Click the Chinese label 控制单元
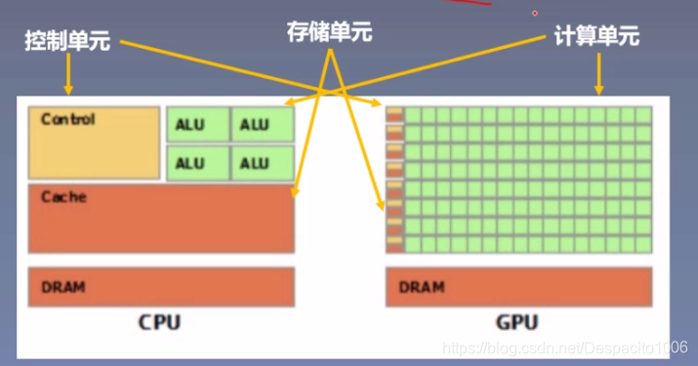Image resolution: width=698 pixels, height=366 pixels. pos(68,41)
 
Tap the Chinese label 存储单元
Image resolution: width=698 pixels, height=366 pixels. pos(331,32)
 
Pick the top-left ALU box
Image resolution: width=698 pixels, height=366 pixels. pos(197,124)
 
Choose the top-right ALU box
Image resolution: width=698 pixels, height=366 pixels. pos(262,124)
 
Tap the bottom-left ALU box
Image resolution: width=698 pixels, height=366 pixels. pos(197,162)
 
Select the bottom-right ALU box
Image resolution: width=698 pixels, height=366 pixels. pos(262,162)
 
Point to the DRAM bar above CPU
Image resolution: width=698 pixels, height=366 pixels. pos(161,287)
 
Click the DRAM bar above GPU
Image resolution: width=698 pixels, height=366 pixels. pos(518,287)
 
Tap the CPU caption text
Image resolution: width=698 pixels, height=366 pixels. pos(159,321)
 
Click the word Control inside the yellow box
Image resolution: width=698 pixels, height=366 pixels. pos(68,119)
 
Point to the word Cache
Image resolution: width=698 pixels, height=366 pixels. pos(63,196)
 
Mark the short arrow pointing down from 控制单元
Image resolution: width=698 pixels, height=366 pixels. pos(68,74)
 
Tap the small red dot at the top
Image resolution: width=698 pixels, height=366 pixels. pos(535,13)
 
